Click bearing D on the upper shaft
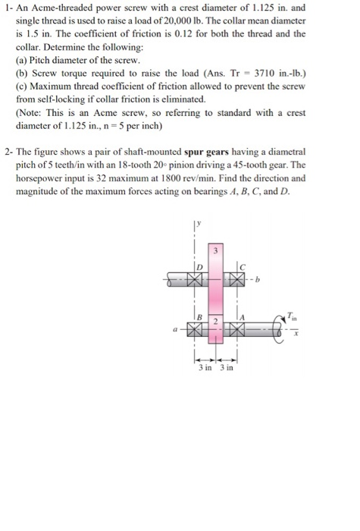coord(196,281)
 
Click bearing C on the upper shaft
coord(238,281)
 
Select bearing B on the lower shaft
coord(196,331)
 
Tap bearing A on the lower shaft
coord(238,331)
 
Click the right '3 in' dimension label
coord(227,369)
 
